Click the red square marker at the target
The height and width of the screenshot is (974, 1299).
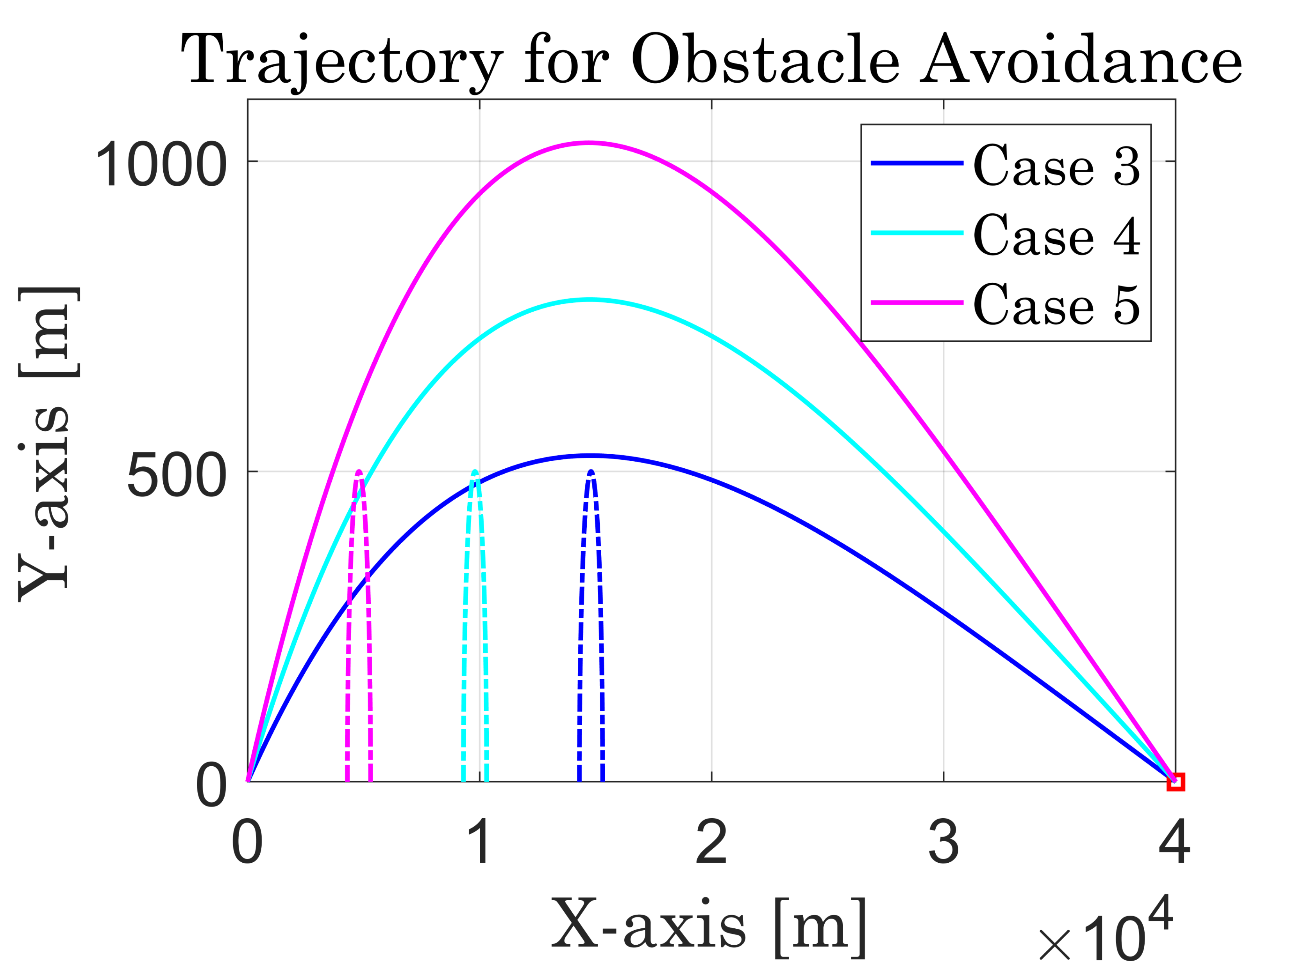coord(1175,782)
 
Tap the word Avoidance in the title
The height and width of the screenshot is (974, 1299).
coord(1081,61)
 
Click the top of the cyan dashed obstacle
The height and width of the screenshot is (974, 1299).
coord(475,472)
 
